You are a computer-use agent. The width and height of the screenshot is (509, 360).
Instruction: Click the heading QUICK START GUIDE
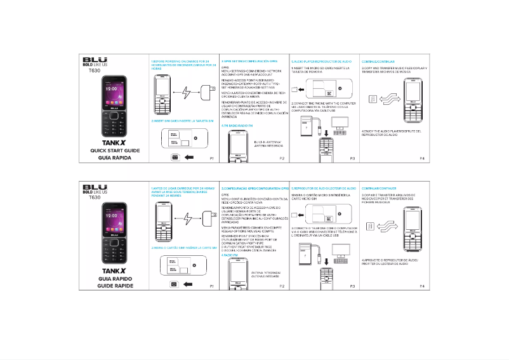[114, 150]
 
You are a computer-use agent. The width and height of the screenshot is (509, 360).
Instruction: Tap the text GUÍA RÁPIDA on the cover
[114, 157]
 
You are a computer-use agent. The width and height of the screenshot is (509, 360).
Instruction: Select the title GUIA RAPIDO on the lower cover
[114, 278]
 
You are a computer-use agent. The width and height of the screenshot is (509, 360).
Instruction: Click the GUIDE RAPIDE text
[114, 286]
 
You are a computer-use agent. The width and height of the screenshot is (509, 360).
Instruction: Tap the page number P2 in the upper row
[282, 157]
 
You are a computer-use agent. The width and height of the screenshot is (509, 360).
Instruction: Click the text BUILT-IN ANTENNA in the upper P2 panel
[267, 142]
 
